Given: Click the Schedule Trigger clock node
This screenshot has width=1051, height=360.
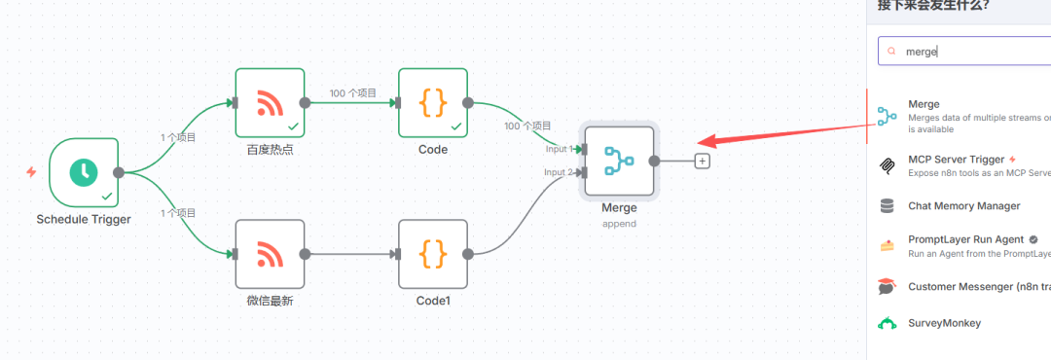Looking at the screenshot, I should click(84, 172).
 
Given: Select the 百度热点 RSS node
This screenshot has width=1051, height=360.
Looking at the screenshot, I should click(270, 102).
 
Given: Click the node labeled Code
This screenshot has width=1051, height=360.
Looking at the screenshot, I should click(433, 102).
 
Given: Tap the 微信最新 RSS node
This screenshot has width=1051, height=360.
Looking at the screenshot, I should click(270, 254).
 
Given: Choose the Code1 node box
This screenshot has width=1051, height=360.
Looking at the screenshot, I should click(433, 254).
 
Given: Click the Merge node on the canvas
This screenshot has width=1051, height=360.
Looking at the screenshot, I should click(619, 162).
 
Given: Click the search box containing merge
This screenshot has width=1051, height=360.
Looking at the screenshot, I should click(963, 51).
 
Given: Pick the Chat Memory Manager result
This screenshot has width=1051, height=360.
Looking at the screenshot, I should click(963, 206).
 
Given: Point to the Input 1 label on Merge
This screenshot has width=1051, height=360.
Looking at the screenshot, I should click(559, 149).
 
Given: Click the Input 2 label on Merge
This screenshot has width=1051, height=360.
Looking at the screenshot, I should click(559, 172).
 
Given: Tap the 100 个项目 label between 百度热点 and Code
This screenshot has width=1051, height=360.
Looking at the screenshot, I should click(352, 93).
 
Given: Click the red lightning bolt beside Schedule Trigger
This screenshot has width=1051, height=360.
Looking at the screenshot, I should click(31, 172).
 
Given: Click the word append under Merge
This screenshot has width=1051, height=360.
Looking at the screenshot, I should click(619, 223).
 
